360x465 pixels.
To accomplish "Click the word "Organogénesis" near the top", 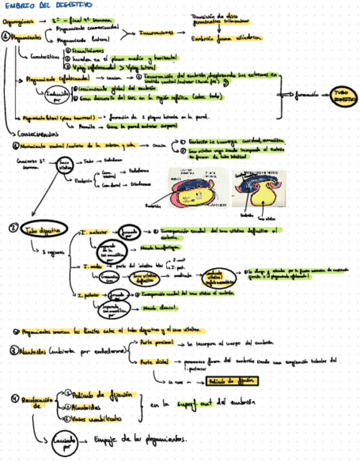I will click(x=19, y=21).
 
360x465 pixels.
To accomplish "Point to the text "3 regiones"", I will click(x=52, y=251).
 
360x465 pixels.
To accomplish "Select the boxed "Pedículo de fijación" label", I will click(x=231, y=381).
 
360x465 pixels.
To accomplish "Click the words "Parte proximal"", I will click(x=153, y=343).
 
